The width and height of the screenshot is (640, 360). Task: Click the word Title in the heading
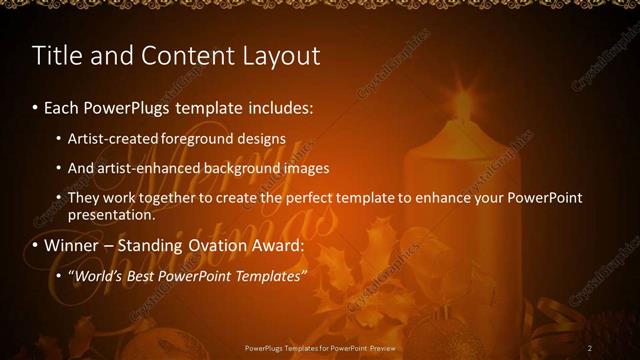56,56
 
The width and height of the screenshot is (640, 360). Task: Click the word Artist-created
111,138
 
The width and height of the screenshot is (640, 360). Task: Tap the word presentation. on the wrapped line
112,214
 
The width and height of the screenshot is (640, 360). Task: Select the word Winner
72,246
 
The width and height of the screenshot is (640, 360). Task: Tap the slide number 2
590,347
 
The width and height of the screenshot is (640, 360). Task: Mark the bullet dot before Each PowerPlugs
36,107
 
